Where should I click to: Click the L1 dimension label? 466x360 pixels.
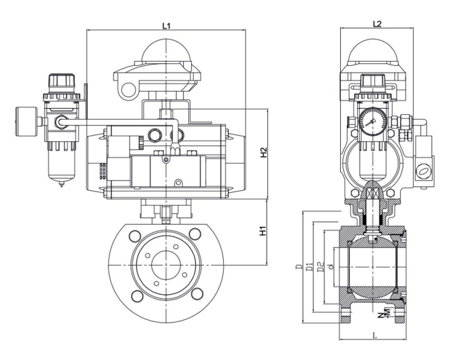[x=166, y=26]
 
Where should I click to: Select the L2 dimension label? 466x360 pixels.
[x=377, y=24]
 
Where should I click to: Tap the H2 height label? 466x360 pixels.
[x=265, y=154]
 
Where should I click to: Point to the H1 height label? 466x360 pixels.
[x=265, y=232]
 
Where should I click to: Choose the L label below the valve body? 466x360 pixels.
[x=376, y=335]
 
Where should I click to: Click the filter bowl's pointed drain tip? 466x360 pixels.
[x=62, y=184]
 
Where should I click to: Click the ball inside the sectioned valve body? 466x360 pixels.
[x=373, y=262]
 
